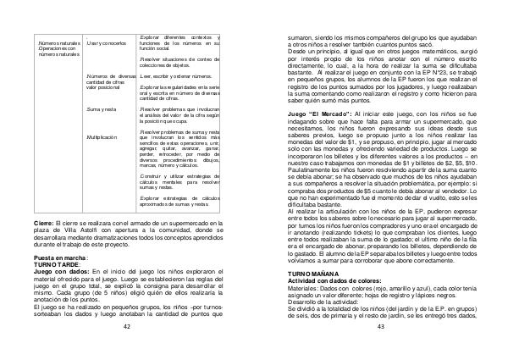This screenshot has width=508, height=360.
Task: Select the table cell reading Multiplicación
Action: point(102,136)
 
